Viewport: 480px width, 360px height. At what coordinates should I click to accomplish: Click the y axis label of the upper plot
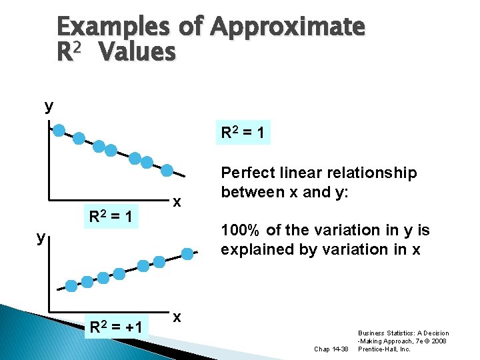(49, 105)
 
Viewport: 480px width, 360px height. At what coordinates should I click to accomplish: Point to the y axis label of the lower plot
(41, 237)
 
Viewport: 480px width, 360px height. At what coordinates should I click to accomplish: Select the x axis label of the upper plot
(176, 201)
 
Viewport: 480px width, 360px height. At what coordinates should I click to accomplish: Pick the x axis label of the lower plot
(177, 316)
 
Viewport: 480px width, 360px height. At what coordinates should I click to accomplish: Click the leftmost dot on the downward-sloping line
(59, 130)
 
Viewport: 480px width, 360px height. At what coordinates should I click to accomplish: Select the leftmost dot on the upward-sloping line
(70, 286)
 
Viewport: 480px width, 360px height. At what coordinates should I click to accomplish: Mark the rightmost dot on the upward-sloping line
(189, 253)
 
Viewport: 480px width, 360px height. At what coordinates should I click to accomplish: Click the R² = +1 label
(116, 327)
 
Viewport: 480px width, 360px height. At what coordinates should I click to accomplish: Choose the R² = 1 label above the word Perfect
(243, 133)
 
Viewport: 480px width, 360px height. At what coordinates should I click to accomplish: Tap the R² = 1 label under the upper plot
(113, 217)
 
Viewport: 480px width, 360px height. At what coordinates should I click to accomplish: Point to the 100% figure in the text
(241, 231)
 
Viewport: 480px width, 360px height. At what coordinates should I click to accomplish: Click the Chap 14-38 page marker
(330, 348)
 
